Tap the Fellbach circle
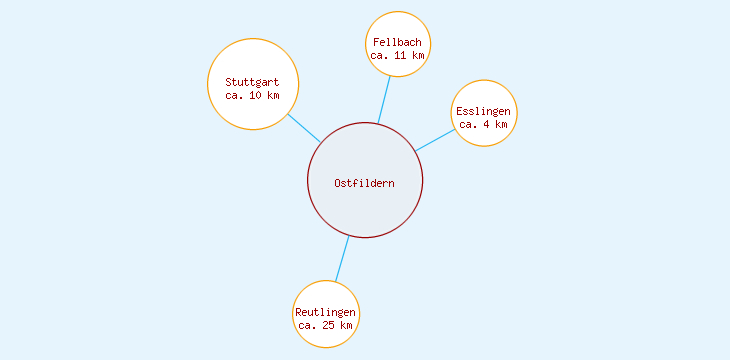(398, 28)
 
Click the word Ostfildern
(365, 183)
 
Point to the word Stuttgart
(252, 82)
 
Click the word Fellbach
(398, 43)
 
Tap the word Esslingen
(484, 111)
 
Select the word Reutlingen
(326, 312)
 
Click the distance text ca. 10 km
(252, 95)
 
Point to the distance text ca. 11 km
(398, 56)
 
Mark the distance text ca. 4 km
(484, 124)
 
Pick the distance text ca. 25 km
(326, 325)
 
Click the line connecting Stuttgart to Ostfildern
(304, 128)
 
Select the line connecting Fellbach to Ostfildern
(384, 100)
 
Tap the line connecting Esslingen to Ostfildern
(435, 140)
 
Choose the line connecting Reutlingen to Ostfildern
(341, 259)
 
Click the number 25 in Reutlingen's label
(329, 325)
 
